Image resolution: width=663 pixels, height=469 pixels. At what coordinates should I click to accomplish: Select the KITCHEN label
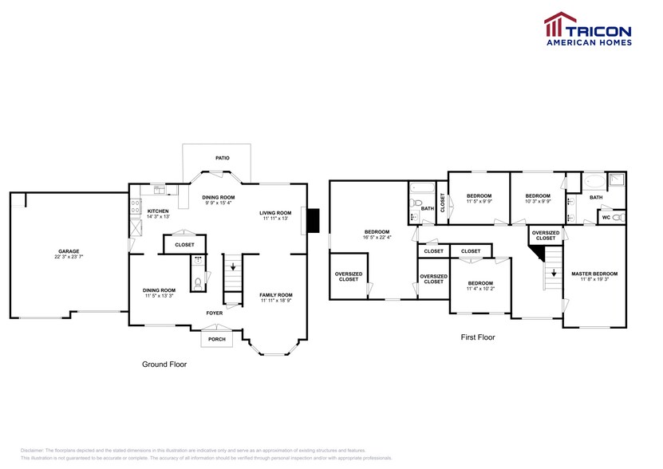[x=157, y=211]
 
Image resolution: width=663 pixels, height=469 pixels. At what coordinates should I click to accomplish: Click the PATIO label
[x=222, y=158]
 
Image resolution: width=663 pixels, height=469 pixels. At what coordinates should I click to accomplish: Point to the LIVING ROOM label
[x=275, y=212]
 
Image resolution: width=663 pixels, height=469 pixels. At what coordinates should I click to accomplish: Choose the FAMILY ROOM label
[x=276, y=295]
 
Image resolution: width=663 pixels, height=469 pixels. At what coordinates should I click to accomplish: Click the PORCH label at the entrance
[x=216, y=339]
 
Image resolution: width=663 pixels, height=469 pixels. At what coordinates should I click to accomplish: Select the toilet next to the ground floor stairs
[x=197, y=281]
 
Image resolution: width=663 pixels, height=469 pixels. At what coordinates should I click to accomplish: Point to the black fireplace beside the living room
[x=313, y=219]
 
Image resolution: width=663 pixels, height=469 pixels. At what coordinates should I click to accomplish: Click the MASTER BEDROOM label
[x=594, y=274]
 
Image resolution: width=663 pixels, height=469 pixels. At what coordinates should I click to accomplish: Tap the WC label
[x=606, y=217]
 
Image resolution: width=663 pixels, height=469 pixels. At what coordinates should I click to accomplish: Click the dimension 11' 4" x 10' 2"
[x=479, y=289]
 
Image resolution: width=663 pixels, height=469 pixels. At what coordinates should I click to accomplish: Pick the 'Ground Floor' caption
[x=164, y=364]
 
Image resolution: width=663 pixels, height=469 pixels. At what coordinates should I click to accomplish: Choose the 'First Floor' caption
[x=478, y=337]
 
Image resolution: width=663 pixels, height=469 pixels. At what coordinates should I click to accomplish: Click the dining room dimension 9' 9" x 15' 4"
[x=218, y=203]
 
